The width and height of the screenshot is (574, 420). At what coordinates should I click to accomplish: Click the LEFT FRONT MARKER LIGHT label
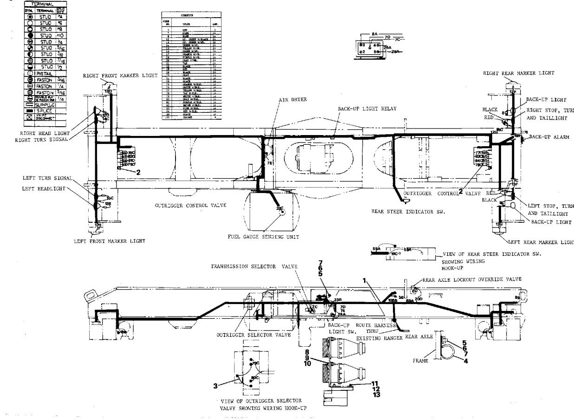pyautogui.click(x=110, y=241)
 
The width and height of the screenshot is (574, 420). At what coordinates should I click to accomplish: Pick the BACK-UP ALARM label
pyautogui.click(x=549, y=137)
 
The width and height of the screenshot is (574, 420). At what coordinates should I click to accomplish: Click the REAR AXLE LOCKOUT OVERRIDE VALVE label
pyautogui.click(x=472, y=279)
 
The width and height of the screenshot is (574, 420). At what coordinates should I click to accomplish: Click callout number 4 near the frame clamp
pyautogui.click(x=465, y=361)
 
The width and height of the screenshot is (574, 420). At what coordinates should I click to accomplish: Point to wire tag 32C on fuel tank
pyautogui.click(x=279, y=208)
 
